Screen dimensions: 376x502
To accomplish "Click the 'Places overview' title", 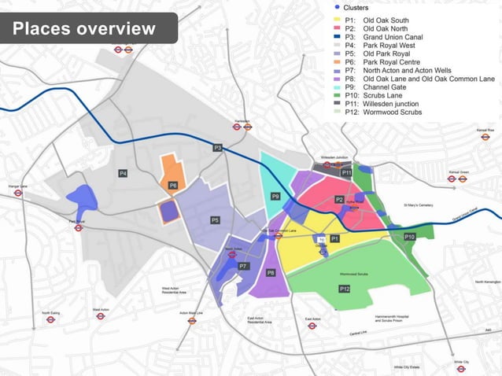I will (x=84, y=29).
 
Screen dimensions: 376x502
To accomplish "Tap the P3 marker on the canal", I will (x=218, y=148).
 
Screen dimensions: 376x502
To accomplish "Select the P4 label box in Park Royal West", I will (x=123, y=173).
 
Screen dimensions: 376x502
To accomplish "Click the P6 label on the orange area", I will (x=173, y=186).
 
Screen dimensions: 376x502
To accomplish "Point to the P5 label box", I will (x=215, y=220).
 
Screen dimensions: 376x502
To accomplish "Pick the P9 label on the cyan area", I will (x=275, y=196).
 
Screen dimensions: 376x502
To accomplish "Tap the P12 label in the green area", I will (x=345, y=289).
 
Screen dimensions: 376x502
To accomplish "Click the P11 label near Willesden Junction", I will (x=346, y=172).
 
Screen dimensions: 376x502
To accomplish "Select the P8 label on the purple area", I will (x=271, y=273).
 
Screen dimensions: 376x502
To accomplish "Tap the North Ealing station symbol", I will (x=50, y=319).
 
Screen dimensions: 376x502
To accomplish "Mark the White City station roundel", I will (x=460, y=350).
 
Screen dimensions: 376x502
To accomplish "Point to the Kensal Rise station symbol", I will (x=485, y=136).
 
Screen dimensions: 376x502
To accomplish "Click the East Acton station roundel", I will (x=312, y=326).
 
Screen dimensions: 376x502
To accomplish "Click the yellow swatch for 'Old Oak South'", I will (x=337, y=20).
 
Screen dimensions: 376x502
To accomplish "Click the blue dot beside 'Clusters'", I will (x=337, y=6).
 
